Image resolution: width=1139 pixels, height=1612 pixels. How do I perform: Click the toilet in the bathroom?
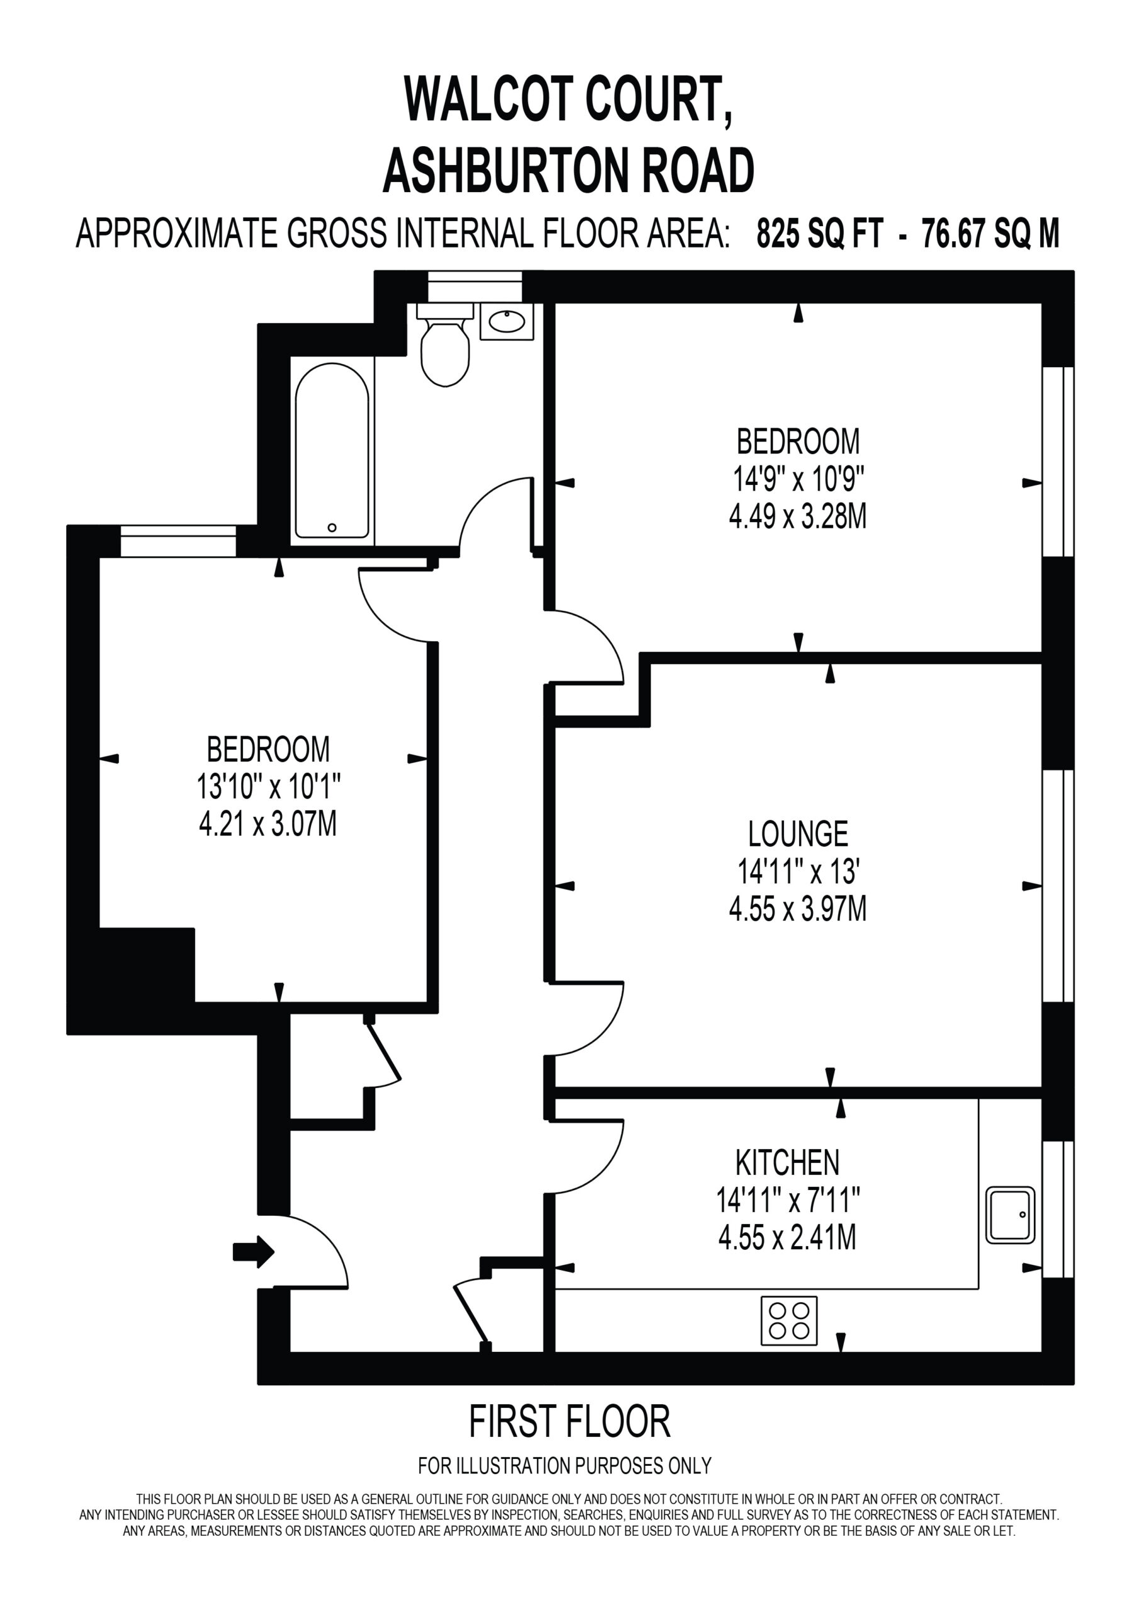(x=445, y=344)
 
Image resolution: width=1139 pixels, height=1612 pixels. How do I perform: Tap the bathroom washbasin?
(x=507, y=322)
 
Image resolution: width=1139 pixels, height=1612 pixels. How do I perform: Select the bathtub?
(x=332, y=451)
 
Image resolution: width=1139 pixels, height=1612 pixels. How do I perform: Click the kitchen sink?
(x=1011, y=1215)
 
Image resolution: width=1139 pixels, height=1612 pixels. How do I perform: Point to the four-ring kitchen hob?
(x=790, y=1320)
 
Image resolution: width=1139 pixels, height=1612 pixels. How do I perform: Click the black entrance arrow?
(x=254, y=1251)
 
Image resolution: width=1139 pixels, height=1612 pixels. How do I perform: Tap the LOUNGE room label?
(x=798, y=834)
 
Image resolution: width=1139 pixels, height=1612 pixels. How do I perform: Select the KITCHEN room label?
(x=787, y=1164)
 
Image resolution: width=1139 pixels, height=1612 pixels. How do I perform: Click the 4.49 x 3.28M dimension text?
(x=798, y=517)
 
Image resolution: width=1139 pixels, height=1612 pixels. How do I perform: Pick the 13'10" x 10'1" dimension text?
(x=269, y=786)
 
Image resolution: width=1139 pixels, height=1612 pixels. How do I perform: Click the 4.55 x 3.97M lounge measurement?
(x=798, y=909)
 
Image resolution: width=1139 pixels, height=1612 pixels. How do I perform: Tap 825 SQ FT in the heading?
(x=819, y=234)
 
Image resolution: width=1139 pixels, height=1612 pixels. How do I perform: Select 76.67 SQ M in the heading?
(x=990, y=234)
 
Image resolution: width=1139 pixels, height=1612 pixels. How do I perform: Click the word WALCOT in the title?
(x=488, y=99)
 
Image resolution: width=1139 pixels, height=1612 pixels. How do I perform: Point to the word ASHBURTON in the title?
(x=509, y=171)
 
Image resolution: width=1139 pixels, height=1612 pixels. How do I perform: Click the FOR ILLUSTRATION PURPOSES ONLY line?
(x=565, y=1465)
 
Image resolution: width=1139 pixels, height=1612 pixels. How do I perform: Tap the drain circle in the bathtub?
(x=332, y=527)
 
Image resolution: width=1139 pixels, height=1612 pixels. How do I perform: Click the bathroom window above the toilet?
(x=475, y=287)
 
